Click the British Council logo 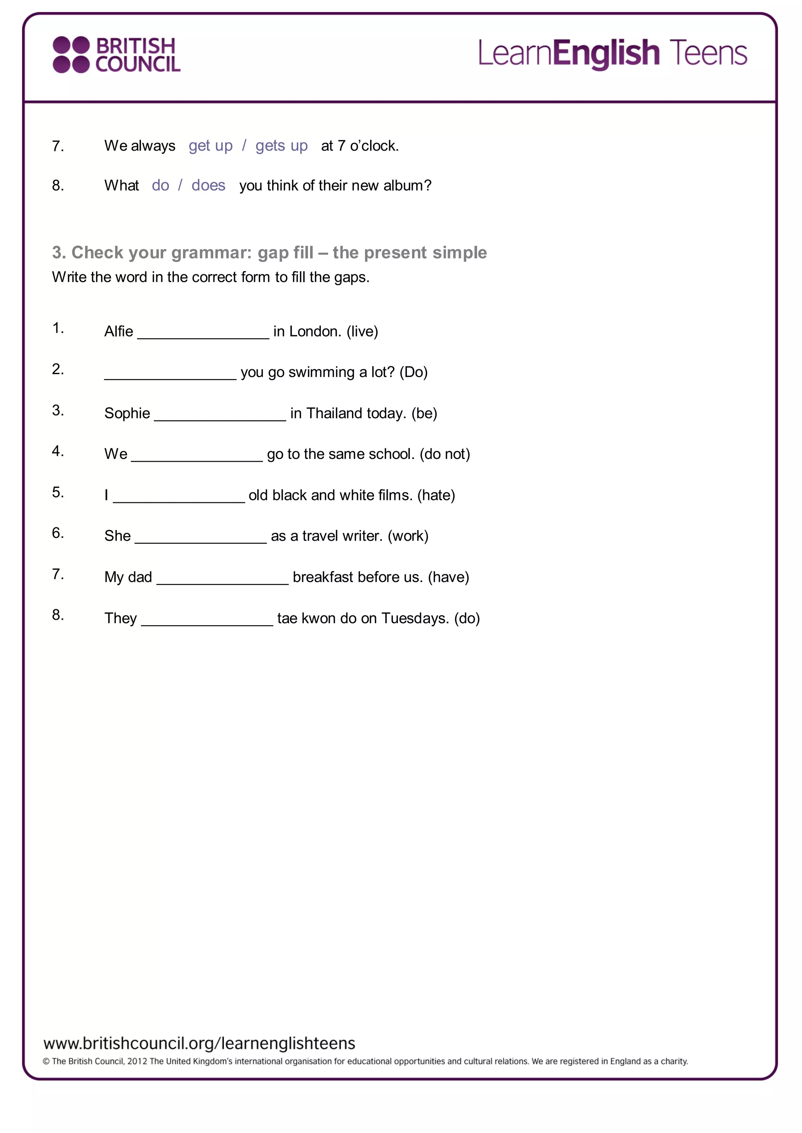(x=117, y=55)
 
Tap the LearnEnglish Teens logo (x=612, y=53)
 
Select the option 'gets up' (x=282, y=146)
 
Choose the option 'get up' (x=210, y=146)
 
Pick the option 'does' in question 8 (x=208, y=185)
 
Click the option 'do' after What (x=161, y=185)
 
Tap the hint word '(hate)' (x=436, y=495)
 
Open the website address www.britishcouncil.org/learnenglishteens (x=199, y=1043)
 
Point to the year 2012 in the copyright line (x=137, y=1061)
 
